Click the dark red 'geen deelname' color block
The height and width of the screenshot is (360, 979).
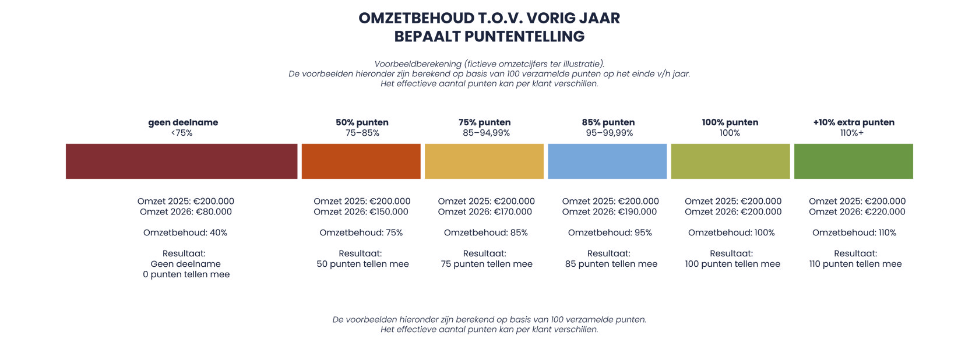pyautogui.click(x=181, y=161)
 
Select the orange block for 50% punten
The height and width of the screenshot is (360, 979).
pyautogui.click(x=361, y=161)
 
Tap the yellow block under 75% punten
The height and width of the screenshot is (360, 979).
pyautogui.click(x=484, y=161)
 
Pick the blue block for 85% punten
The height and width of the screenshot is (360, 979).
pyautogui.click(x=607, y=161)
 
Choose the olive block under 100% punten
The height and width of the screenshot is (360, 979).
pyautogui.click(x=730, y=161)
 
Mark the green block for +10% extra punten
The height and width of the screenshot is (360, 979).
pyautogui.click(x=853, y=161)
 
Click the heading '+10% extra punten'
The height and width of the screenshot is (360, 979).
pyautogui.click(x=853, y=122)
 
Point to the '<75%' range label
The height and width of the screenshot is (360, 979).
pyautogui.click(x=182, y=133)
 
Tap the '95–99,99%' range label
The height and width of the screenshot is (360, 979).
pyautogui.click(x=609, y=133)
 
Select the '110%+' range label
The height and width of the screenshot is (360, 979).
pyautogui.click(x=852, y=133)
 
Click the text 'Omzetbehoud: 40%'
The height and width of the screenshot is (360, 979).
pyautogui.click(x=185, y=232)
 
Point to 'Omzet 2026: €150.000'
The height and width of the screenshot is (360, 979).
pyautogui.click(x=361, y=212)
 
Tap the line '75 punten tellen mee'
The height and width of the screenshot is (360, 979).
pyautogui.click(x=487, y=264)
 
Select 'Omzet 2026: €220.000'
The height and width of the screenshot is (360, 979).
pyautogui.click(x=857, y=212)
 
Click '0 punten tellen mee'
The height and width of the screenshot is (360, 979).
pyautogui.click(x=186, y=274)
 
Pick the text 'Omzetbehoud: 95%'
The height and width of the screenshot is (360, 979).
pyautogui.click(x=610, y=232)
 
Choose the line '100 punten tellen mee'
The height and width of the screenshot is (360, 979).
pyautogui.click(x=733, y=264)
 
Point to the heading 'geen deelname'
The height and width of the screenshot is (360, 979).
pyautogui.click(x=183, y=122)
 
